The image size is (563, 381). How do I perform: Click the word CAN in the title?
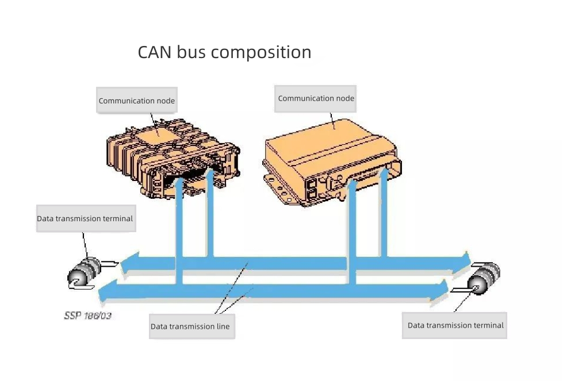point(155,52)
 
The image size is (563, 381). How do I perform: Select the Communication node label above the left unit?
point(137,101)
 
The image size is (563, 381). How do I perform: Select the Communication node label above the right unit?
point(316,98)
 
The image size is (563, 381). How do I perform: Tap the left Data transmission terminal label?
point(85,218)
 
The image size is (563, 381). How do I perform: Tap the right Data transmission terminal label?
point(455,325)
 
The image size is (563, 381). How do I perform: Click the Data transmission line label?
point(190,326)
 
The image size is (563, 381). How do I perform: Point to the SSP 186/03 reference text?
point(87,315)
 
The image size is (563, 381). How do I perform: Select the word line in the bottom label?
point(222,326)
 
